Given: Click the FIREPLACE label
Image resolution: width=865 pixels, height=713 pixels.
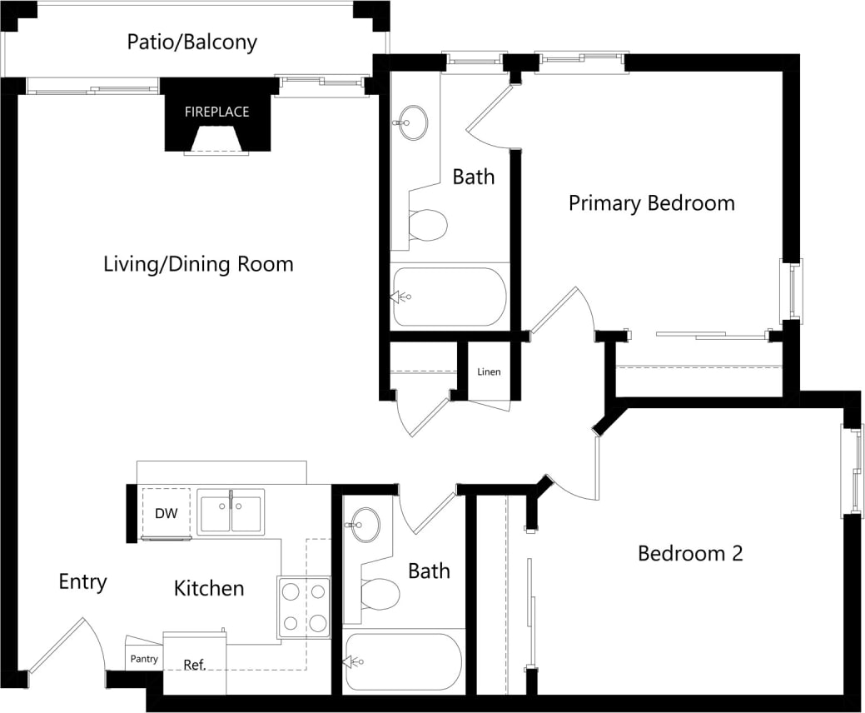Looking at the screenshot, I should coord(216,112).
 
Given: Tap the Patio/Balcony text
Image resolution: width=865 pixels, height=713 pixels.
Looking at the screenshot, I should coord(191,42).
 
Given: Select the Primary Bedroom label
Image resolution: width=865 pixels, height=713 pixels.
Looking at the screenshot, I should coord(651,203).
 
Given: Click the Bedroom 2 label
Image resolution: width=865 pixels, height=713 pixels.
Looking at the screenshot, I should coord(689,553).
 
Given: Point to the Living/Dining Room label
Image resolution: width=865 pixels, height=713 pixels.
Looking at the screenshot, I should coord(198,265).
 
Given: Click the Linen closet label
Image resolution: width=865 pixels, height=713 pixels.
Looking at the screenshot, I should coord(489,371).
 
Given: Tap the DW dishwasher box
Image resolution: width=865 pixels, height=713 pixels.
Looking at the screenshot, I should coord(167,513).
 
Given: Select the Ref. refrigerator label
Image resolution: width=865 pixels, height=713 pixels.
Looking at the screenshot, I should coord(194,665).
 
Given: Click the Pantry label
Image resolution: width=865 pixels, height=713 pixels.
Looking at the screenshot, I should coord(144,659).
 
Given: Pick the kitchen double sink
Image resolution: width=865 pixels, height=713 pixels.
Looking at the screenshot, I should coord(231,511).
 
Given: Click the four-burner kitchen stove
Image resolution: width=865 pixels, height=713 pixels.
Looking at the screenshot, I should coord(304,607).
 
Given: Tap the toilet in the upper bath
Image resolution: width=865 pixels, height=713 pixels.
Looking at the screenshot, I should coord(428,224).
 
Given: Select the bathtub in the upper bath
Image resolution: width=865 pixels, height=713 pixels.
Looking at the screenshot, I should coord(450,297).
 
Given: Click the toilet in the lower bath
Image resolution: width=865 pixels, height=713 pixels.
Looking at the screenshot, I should coord(380,594).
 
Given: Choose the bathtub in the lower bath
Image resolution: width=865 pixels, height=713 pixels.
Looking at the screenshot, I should coord(403,662).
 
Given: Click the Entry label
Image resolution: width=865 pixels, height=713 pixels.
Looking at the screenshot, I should coord(82,581).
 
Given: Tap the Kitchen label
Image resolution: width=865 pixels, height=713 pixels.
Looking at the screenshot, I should coord(209,589).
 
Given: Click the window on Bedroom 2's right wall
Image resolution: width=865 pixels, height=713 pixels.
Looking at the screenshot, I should coord(853,471).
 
